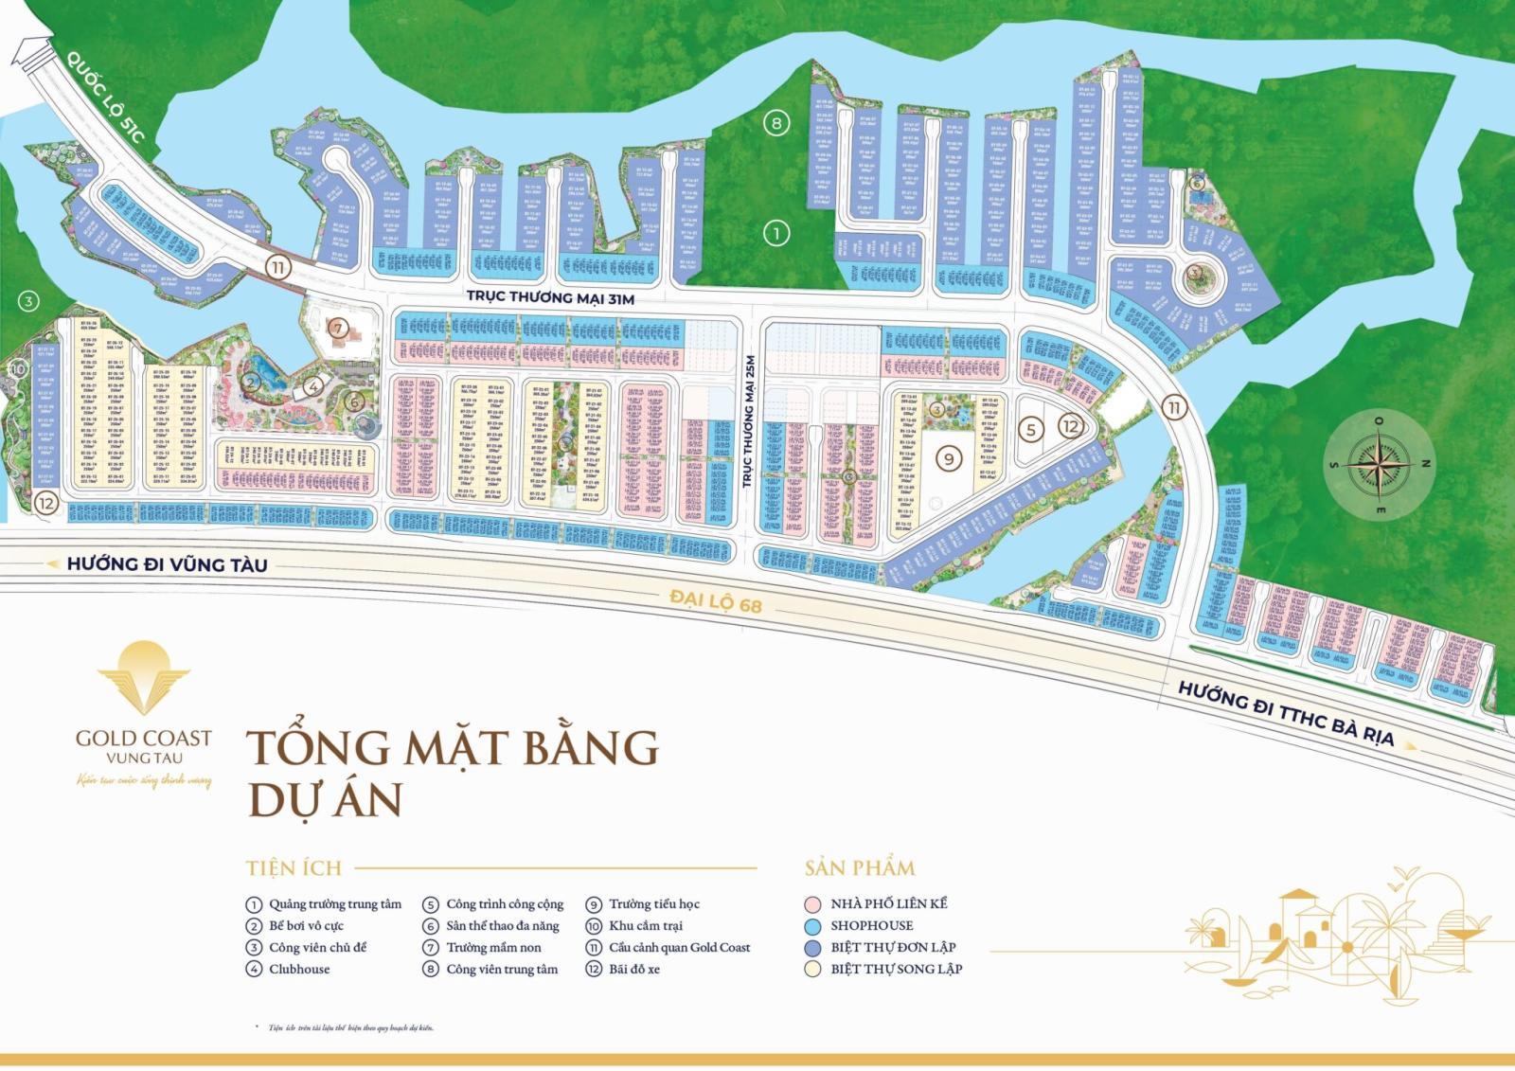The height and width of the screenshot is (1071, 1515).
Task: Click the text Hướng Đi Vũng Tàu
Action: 167,565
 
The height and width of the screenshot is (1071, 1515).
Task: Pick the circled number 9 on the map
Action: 948,458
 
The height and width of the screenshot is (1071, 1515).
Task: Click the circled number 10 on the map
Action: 17,369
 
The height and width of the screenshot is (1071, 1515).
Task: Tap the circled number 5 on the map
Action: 1032,428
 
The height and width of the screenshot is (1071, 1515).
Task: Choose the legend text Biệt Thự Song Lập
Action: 896,969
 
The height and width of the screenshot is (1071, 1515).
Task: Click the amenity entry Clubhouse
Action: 299,969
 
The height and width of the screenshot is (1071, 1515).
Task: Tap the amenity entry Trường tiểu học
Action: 653,903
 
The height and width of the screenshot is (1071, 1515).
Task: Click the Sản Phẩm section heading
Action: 860,867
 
